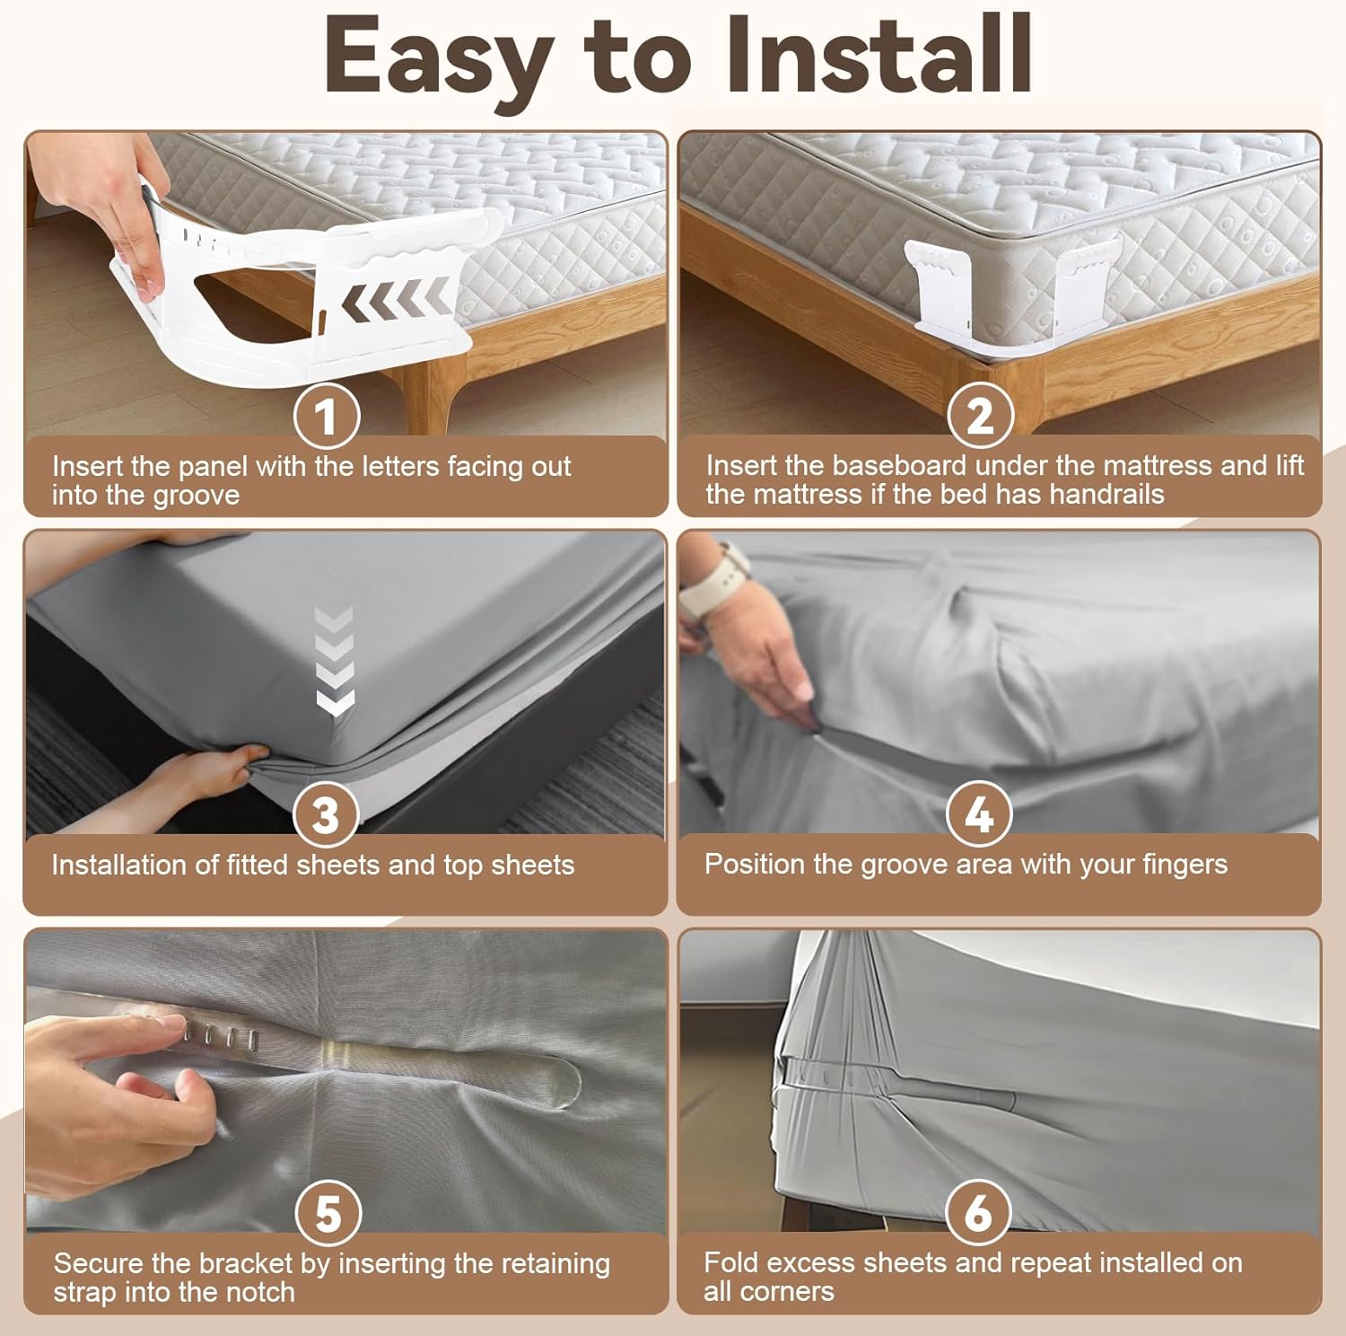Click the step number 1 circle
[x=328, y=416]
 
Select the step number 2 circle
[x=981, y=416]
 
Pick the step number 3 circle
[x=328, y=814]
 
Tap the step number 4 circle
[x=979, y=813]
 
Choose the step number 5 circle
[x=328, y=1213]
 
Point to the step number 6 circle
[x=979, y=1213]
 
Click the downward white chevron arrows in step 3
[x=335, y=662]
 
